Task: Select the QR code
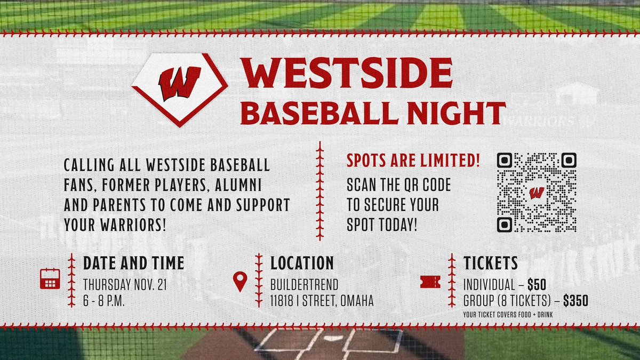(537, 192)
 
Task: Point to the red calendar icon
(50, 279)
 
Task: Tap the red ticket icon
(430, 282)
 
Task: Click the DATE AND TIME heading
(133, 263)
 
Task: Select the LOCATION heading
(302, 263)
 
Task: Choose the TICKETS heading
(490, 263)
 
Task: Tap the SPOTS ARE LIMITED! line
(413, 160)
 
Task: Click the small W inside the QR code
(537, 192)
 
